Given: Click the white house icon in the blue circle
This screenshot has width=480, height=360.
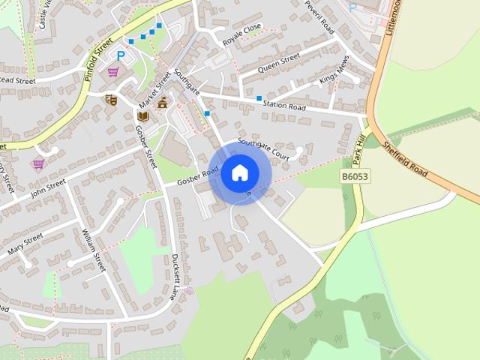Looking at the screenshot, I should tap(240, 172).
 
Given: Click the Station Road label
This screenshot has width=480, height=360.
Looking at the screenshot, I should tap(286, 107).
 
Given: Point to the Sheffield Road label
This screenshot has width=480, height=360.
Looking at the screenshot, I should tap(404, 159).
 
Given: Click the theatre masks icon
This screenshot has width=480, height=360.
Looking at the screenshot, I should tap(112, 99).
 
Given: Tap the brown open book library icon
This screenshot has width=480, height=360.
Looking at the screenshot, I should tap(142, 115).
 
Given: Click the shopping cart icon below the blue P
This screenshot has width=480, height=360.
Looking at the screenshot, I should tap(113, 72).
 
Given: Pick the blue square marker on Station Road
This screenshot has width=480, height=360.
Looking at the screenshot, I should tap(259, 98).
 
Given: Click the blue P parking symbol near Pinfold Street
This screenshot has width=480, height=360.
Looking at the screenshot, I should tap(120, 55).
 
